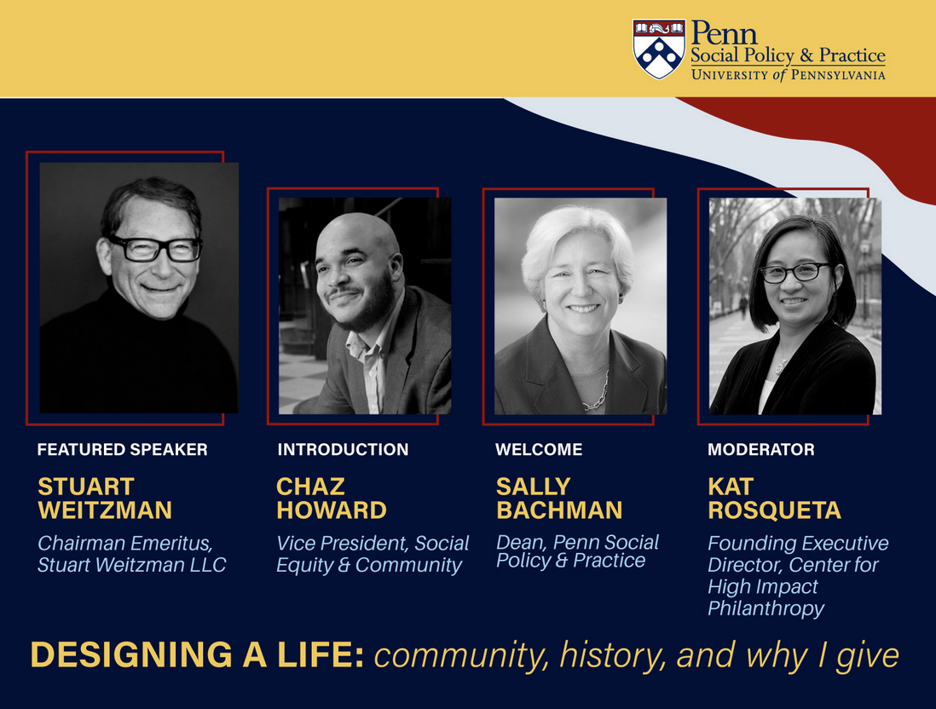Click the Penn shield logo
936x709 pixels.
(658, 49)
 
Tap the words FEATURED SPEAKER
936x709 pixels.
(123, 449)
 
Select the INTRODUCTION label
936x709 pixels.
(343, 449)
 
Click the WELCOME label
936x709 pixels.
(539, 449)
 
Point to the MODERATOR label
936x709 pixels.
(761, 449)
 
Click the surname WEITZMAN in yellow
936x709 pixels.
(105, 510)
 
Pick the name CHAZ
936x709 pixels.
(310, 487)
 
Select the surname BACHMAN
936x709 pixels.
(559, 510)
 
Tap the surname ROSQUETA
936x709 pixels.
(774, 510)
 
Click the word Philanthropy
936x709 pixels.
(766, 608)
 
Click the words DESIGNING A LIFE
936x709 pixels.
(197, 654)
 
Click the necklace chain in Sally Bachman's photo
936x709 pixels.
(597, 393)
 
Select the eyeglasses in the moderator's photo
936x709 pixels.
(794, 273)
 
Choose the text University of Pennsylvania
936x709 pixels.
(788, 75)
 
